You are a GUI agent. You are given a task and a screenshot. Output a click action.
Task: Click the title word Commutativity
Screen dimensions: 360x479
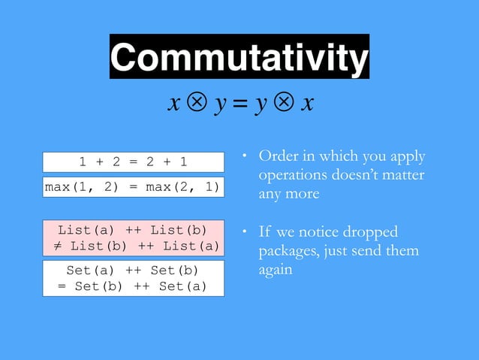click(239, 57)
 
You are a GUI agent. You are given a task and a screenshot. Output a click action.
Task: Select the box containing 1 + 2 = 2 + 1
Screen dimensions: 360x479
click(134, 162)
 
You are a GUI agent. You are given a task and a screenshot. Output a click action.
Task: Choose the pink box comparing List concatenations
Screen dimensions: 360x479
click(134, 237)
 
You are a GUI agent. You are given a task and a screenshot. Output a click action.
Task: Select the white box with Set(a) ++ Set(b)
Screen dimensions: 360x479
click(134, 278)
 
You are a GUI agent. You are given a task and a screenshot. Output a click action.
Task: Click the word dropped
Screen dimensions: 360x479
click(372, 232)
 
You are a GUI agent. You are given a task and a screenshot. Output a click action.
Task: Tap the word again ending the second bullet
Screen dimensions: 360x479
click(276, 269)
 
